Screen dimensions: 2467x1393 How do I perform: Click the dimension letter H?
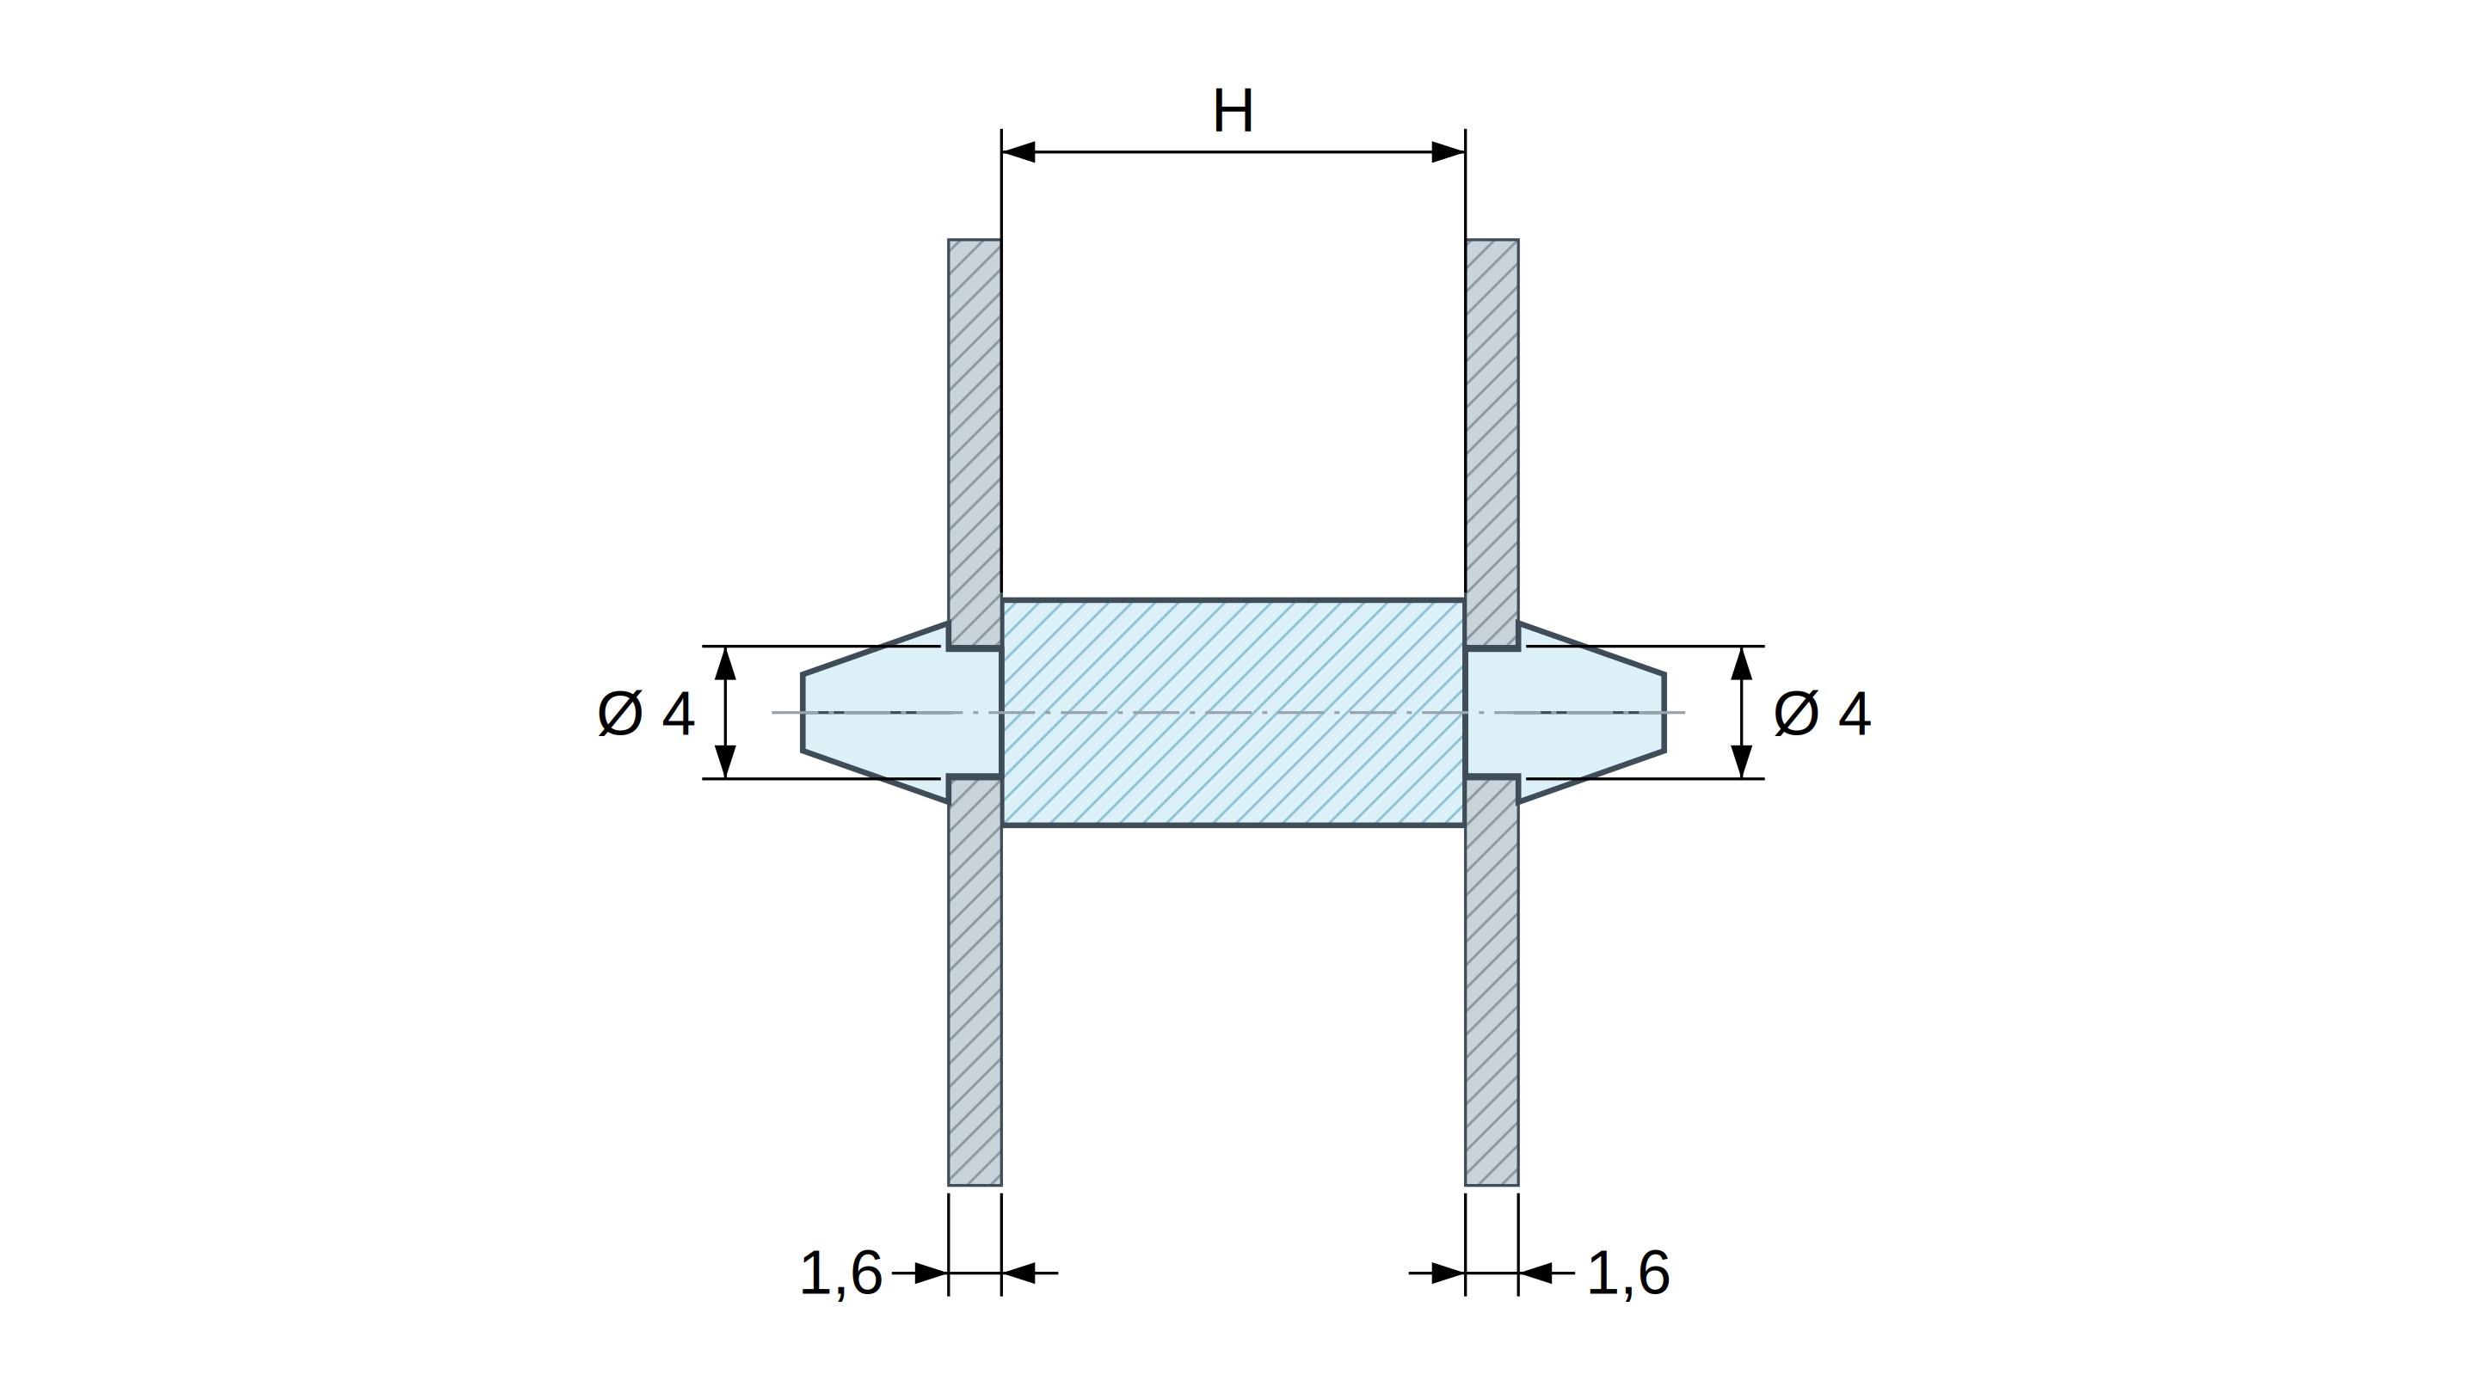1233,111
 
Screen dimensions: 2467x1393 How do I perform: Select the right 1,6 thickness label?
1628,1273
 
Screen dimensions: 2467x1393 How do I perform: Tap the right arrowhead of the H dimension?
1448,151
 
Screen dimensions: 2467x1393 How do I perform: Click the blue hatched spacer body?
1233,712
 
